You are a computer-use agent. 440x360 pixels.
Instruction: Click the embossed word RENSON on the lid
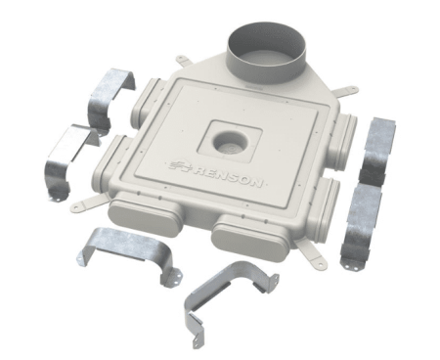[228, 175]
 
